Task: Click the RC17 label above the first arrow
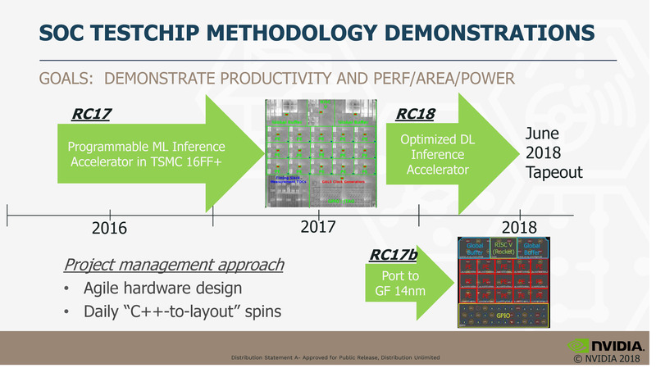click(x=92, y=114)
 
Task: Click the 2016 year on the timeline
click(x=109, y=227)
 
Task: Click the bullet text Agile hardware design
click(x=162, y=288)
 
